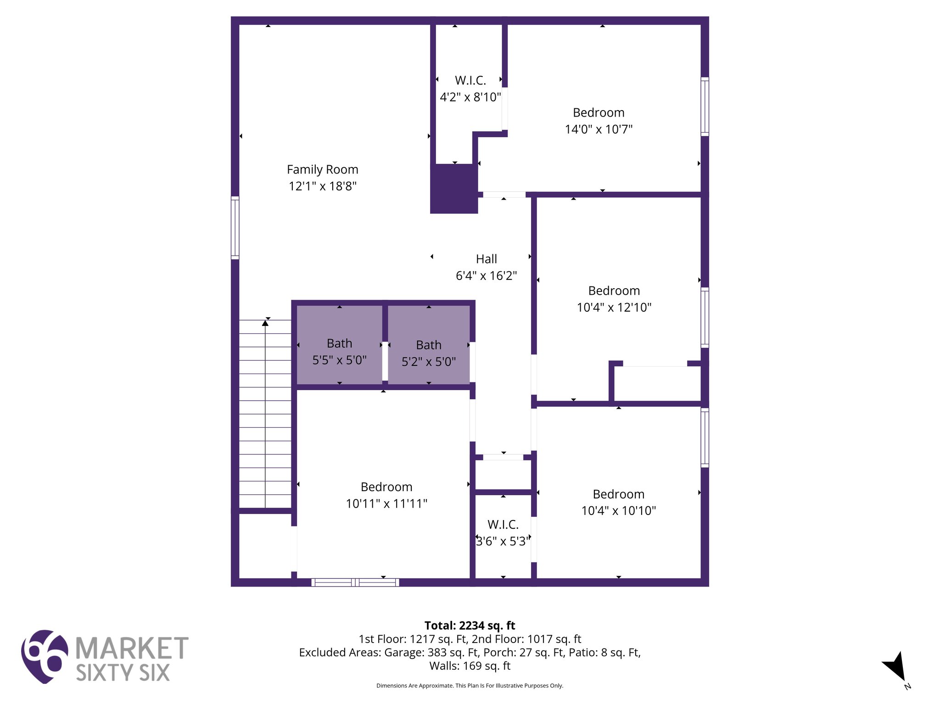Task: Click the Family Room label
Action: coord(322,169)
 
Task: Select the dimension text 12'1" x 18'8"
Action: coord(322,186)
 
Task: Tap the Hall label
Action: coord(486,259)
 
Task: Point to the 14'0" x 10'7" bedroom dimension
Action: coord(599,129)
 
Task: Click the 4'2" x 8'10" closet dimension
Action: coord(470,97)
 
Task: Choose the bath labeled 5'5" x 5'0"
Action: coord(339,352)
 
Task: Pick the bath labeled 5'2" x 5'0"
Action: coord(429,353)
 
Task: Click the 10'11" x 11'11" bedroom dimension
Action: coord(386,504)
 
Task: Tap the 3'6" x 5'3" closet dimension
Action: coord(503,541)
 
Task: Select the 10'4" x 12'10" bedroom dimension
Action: coord(614,307)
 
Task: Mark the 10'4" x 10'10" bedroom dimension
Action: coord(618,510)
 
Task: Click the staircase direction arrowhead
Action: coord(265,323)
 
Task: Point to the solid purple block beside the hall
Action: coord(454,188)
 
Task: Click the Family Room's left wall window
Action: coord(235,228)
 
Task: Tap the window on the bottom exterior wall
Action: coord(355,582)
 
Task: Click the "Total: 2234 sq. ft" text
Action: coord(470,626)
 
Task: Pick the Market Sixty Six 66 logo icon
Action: coord(44,656)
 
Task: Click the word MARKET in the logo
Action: coord(132,648)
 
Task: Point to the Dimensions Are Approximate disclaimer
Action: coord(470,686)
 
